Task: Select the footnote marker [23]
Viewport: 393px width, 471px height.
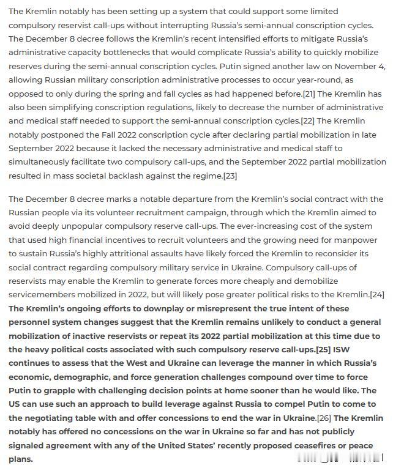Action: (x=230, y=176)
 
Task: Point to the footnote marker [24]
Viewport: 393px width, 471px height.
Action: (x=377, y=295)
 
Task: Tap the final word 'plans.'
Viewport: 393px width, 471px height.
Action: (x=21, y=459)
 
